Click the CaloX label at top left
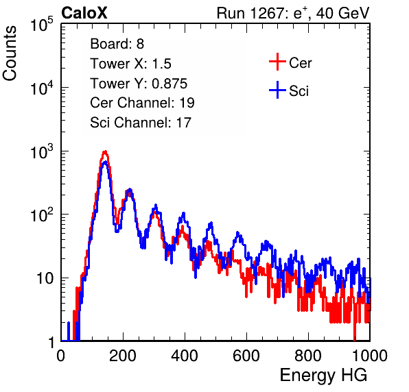coord(84,13)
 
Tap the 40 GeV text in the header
coord(342,14)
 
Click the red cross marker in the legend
coord(277,62)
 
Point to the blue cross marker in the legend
coord(277,90)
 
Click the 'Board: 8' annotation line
coord(117,44)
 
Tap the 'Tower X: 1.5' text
coord(130,64)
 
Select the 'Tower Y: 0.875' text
coord(139,84)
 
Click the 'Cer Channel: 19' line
coord(143,103)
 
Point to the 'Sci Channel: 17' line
coord(141,123)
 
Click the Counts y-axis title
coord(10,53)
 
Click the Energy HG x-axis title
coord(323,376)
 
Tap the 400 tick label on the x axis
coord(185,356)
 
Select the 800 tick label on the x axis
coord(308,356)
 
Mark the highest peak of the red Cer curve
coord(105,151)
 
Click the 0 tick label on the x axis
coord(60,356)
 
